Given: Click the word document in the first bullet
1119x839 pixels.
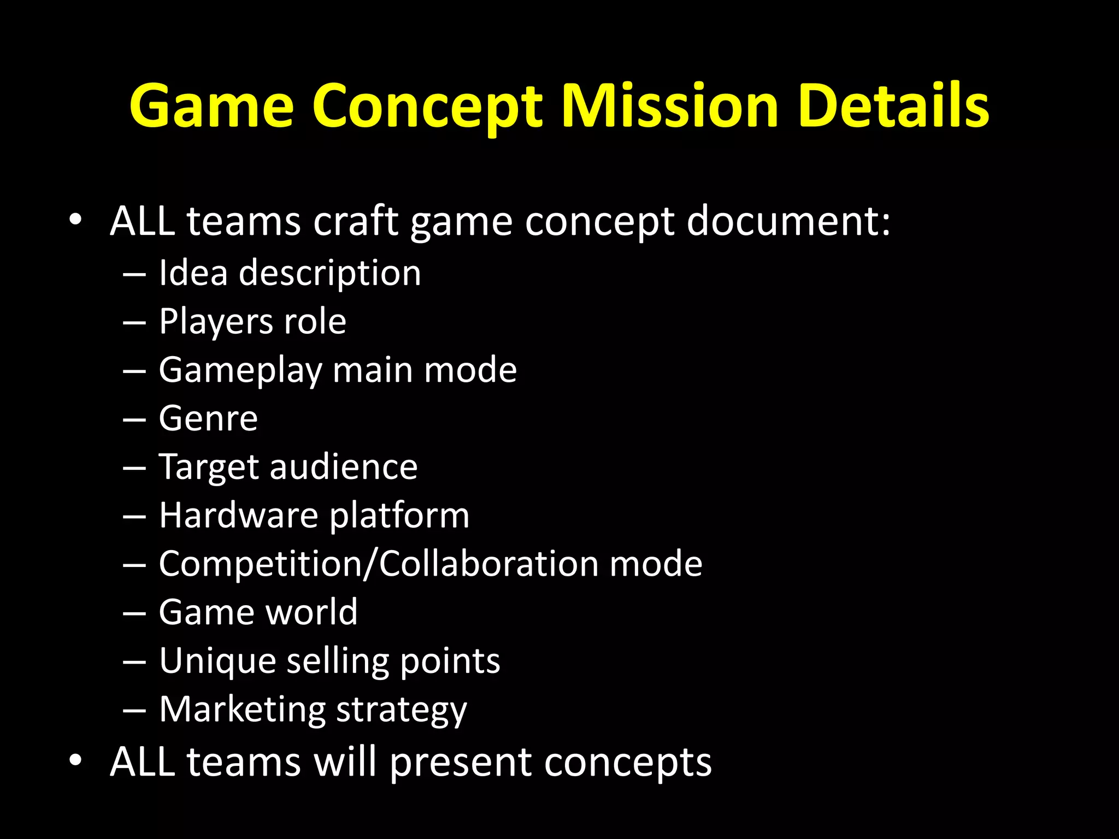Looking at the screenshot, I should click(x=788, y=221).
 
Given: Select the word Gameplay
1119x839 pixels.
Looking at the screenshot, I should click(x=240, y=371).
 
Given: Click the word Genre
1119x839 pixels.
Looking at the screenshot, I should click(x=208, y=418).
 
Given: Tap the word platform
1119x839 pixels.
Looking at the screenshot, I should click(x=399, y=516).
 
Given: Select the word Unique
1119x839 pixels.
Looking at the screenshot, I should click(x=217, y=661).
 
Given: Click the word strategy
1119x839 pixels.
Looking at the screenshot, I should click(x=402, y=711).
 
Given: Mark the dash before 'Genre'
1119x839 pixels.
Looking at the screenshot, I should click(x=134, y=419).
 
